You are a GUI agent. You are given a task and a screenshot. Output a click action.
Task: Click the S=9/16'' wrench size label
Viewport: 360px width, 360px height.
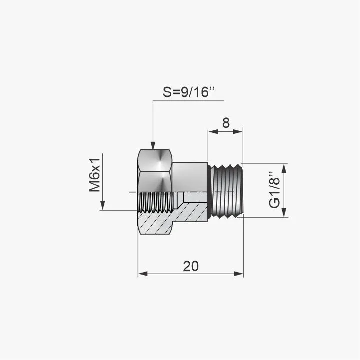pyautogui.click(x=189, y=92)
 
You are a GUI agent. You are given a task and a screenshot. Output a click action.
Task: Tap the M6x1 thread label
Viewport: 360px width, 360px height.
pyautogui.click(x=95, y=175)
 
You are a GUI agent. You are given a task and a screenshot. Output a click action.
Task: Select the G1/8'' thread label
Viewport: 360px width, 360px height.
pyautogui.click(x=275, y=190)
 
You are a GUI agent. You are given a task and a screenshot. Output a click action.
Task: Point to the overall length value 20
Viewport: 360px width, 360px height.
pyautogui.click(x=191, y=266)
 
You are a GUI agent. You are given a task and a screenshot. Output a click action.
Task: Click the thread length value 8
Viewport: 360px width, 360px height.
pyautogui.click(x=226, y=123)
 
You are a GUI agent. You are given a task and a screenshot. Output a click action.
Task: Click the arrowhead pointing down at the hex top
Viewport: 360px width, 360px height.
pyautogui.click(x=153, y=146)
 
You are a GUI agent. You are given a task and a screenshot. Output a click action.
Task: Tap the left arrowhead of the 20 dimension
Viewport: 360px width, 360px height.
pyautogui.click(x=143, y=274)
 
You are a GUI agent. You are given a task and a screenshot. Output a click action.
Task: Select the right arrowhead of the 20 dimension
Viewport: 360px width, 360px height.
pyautogui.click(x=238, y=274)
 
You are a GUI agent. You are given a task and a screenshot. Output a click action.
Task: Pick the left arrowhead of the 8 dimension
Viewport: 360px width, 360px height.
pyautogui.click(x=213, y=131)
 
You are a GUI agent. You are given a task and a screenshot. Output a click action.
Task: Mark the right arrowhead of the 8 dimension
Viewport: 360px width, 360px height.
pyautogui.click(x=238, y=131)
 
